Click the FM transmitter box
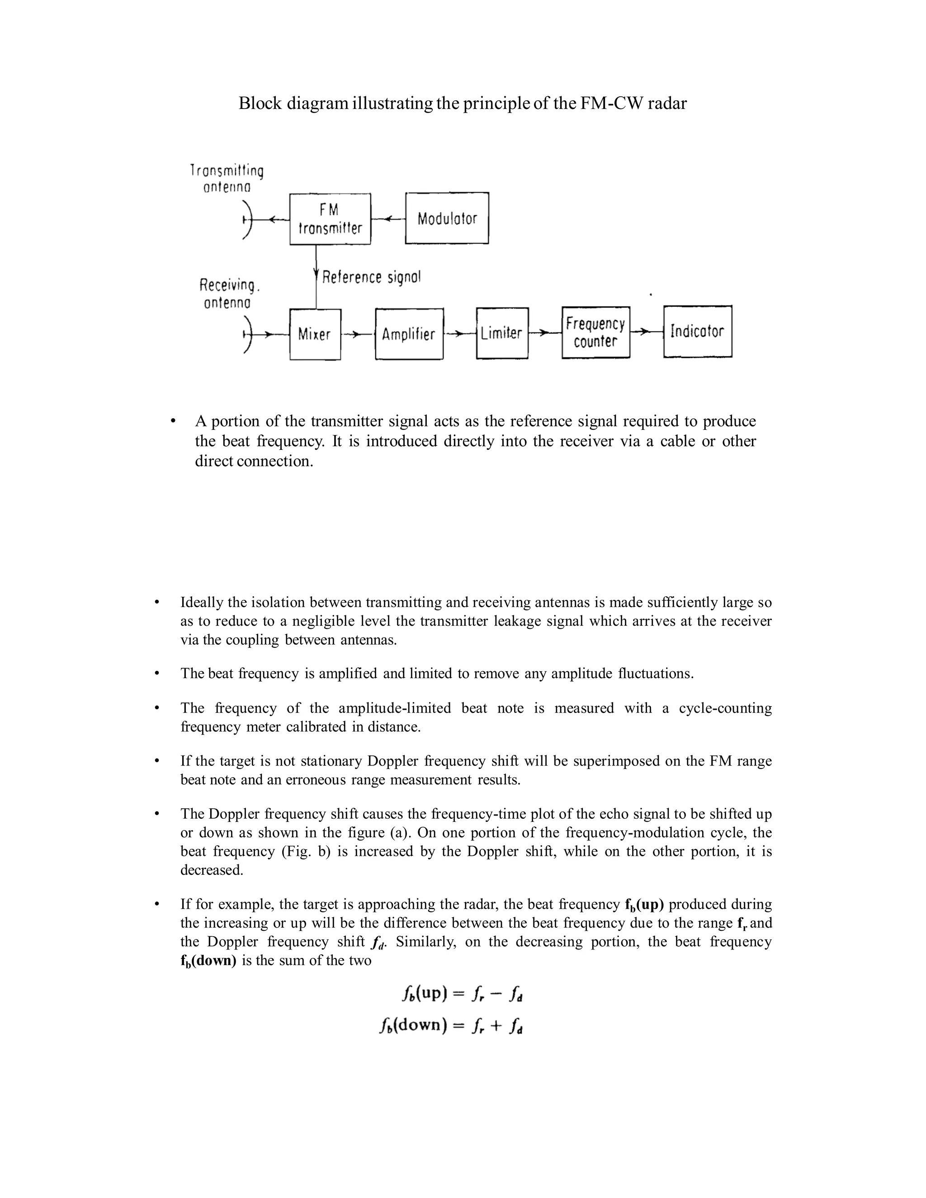pyautogui.click(x=330, y=219)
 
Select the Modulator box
pyautogui.click(x=447, y=218)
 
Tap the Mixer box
pyautogui.click(x=315, y=334)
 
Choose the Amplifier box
pyautogui.click(x=409, y=334)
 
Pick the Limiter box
pyautogui.click(x=502, y=333)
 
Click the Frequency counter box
pyautogui.click(x=596, y=332)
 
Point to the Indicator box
pyautogui.click(x=697, y=331)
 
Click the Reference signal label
pyautogui.click(x=371, y=277)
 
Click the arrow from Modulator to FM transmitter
pyautogui.click(x=388, y=219)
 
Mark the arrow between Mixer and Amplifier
pyautogui.click(x=357, y=334)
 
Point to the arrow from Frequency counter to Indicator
pyautogui.click(x=646, y=331)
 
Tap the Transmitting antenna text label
pyautogui.click(x=227, y=179)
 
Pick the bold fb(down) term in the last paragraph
pyautogui.click(x=208, y=961)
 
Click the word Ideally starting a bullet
pyautogui.click(x=202, y=602)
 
